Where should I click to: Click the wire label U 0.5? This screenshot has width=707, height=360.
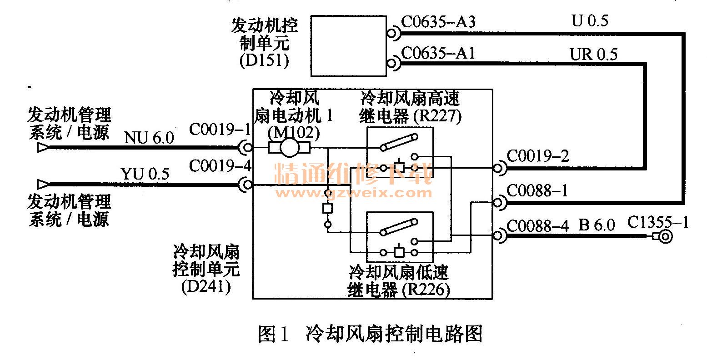[590, 21]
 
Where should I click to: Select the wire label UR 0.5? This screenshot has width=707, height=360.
[594, 55]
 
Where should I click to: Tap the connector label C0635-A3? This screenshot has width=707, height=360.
[438, 22]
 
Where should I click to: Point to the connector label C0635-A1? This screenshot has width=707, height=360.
[438, 54]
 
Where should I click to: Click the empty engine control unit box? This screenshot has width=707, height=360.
[348, 45]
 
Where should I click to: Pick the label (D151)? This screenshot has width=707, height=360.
[264, 61]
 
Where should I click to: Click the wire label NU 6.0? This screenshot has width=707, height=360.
[149, 138]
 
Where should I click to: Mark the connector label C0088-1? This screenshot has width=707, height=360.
[537, 191]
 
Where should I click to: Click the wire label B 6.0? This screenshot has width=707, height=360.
[597, 225]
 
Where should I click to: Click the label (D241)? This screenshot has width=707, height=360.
[206, 287]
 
